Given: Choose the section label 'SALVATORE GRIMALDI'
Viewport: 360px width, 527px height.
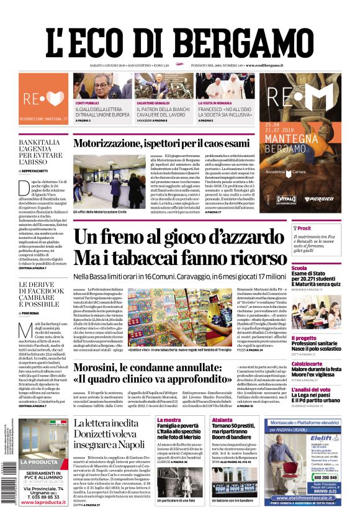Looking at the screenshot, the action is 153,103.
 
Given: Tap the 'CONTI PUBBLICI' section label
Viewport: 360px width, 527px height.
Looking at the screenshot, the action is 88,103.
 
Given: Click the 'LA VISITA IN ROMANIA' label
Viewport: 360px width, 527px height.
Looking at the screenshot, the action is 215,103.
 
